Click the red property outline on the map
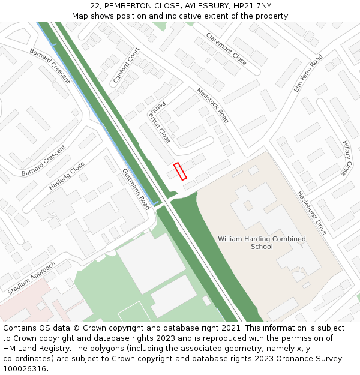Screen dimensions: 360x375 (x=180, y=171)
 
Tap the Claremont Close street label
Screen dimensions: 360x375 (x=226, y=49)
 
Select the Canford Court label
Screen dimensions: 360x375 (x=127, y=65)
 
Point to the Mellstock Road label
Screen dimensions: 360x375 (x=213, y=106)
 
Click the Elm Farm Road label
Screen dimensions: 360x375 (x=308, y=73)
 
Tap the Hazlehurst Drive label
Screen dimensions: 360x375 (x=312, y=212)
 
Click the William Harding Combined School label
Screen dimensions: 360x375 (x=262, y=242)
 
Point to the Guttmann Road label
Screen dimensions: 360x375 (x=136, y=188)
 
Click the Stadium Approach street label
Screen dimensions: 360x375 (x=32, y=278)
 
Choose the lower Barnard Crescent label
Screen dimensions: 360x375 (x=43, y=161)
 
